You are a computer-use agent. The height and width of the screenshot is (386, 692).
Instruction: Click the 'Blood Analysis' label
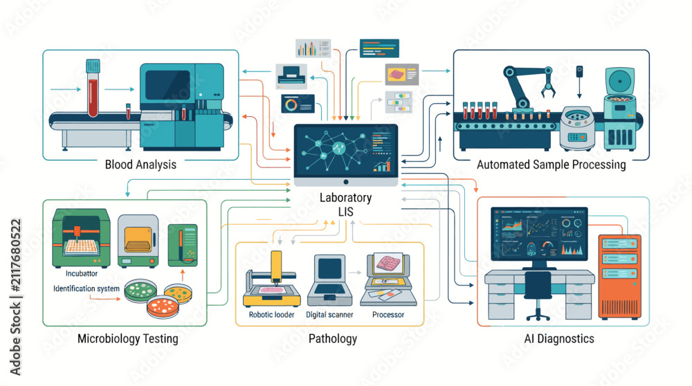pyautogui.click(x=140, y=165)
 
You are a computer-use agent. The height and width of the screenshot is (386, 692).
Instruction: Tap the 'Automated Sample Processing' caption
pyautogui.click(x=552, y=165)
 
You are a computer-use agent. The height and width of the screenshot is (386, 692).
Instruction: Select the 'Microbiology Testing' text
pyautogui.click(x=128, y=338)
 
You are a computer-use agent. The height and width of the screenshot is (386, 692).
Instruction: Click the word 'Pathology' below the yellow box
pyautogui.click(x=333, y=338)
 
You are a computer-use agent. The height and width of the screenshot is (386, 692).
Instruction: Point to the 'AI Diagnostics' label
pyautogui.click(x=559, y=338)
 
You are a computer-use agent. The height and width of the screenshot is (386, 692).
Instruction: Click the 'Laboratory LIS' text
pyautogui.click(x=345, y=204)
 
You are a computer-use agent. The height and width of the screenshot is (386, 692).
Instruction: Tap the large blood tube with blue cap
pyautogui.click(x=93, y=89)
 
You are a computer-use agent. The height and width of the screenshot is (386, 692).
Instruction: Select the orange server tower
pyautogui.click(x=619, y=277)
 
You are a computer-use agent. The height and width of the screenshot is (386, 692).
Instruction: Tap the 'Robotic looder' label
pyautogui.click(x=271, y=315)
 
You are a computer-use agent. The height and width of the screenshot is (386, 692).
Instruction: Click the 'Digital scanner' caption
pyautogui.click(x=329, y=315)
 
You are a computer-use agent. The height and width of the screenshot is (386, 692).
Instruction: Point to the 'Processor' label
pyautogui.click(x=388, y=315)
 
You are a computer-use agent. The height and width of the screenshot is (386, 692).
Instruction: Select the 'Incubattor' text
pyautogui.click(x=82, y=273)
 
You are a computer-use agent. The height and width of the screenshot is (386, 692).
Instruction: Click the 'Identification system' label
pyautogui.click(x=86, y=288)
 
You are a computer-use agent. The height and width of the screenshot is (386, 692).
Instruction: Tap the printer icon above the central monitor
pyautogui.click(x=291, y=75)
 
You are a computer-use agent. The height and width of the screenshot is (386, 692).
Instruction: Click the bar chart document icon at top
pyautogui.click(x=313, y=48)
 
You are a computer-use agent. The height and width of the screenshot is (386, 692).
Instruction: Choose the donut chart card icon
pyautogui.click(x=298, y=104)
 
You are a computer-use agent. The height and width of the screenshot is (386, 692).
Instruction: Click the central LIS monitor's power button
pyautogui.click(x=346, y=182)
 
